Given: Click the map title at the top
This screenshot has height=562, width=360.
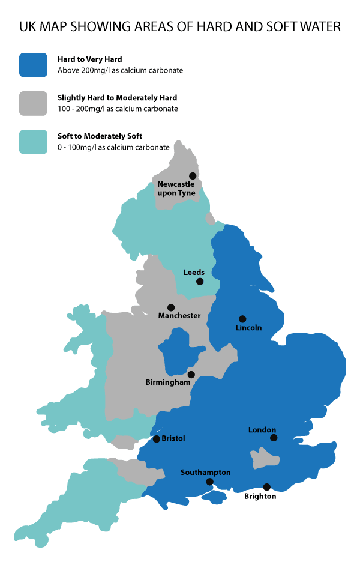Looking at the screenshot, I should click(180, 27).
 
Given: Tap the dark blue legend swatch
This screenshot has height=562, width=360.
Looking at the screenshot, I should click(33, 65).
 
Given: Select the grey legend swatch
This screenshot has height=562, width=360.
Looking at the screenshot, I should click(33, 103).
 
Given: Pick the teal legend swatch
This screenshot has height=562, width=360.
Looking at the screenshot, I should click(33, 141).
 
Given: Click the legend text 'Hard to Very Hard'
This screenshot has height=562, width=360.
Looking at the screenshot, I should click(90, 59).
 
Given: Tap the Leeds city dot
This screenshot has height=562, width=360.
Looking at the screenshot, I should click(200, 281).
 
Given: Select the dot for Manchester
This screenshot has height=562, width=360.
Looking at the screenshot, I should click(171, 307).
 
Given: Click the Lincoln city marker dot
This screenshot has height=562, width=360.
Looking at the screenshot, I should click(242, 319).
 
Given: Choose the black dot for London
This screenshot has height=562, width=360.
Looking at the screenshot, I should click(274, 438).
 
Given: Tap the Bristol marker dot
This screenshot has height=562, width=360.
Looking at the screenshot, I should click(157, 439).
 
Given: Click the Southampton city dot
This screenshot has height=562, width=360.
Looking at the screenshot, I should click(209, 482).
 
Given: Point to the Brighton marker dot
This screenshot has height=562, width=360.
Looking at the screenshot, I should click(267, 487).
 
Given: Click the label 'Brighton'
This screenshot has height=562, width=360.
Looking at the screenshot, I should click(260, 497).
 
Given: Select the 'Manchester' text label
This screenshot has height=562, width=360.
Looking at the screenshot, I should click(179, 316).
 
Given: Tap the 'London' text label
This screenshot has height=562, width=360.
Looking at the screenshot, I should click(262, 430).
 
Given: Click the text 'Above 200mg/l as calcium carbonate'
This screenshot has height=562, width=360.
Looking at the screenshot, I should click(120, 70).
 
